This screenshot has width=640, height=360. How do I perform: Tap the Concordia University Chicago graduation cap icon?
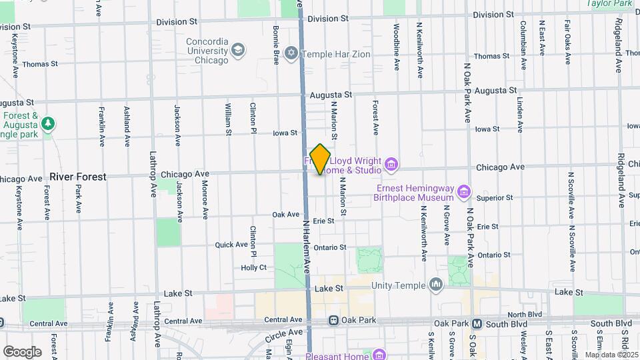238,50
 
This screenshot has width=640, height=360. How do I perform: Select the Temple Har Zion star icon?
291,52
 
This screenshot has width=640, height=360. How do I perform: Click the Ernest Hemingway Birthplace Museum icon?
465,193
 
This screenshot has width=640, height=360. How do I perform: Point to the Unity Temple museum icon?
436,285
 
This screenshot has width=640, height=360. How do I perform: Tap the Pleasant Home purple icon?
379,355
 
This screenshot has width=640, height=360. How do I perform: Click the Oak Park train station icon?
333,321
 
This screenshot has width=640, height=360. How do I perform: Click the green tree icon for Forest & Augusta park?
47,123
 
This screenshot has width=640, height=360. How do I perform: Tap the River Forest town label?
77,177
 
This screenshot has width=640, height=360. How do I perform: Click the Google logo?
22,351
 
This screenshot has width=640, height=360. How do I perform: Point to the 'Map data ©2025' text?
611,355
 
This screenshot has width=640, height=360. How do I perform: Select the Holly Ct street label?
253,267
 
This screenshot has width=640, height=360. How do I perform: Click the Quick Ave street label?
231,245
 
